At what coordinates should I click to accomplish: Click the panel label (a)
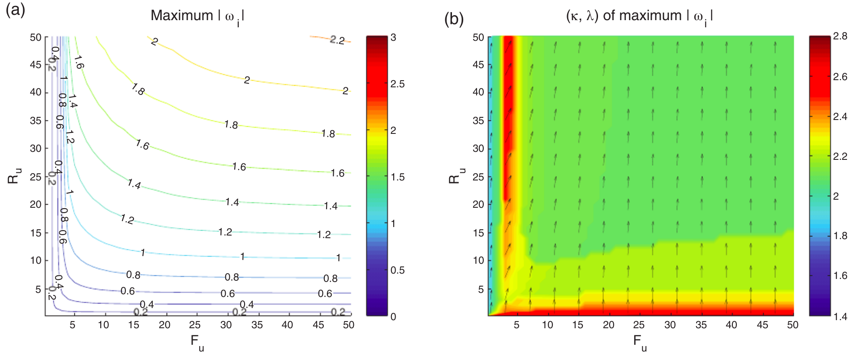click(x=15, y=10)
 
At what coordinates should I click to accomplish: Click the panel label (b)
click(x=453, y=19)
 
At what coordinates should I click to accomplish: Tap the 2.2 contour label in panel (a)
click(x=337, y=40)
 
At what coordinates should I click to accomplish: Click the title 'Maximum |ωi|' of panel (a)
click(x=198, y=16)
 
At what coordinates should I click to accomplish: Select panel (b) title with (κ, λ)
click(x=639, y=16)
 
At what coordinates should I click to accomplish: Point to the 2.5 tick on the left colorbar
click(x=397, y=84)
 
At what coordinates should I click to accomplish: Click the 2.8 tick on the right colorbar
click(x=840, y=36)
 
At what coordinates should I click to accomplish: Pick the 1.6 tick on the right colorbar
click(x=840, y=276)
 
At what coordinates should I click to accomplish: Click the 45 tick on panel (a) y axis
click(x=35, y=65)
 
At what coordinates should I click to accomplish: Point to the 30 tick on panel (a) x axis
click(x=226, y=325)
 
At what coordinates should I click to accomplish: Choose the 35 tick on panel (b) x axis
click(x=701, y=325)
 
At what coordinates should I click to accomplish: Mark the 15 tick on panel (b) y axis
click(x=478, y=233)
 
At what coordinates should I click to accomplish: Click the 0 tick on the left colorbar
click(x=393, y=317)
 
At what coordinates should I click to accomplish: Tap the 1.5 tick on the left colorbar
click(x=397, y=177)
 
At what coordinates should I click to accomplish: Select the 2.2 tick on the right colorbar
click(x=840, y=156)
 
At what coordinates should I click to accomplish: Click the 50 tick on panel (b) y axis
click(x=478, y=38)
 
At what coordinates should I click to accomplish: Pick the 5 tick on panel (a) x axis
click(x=73, y=325)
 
